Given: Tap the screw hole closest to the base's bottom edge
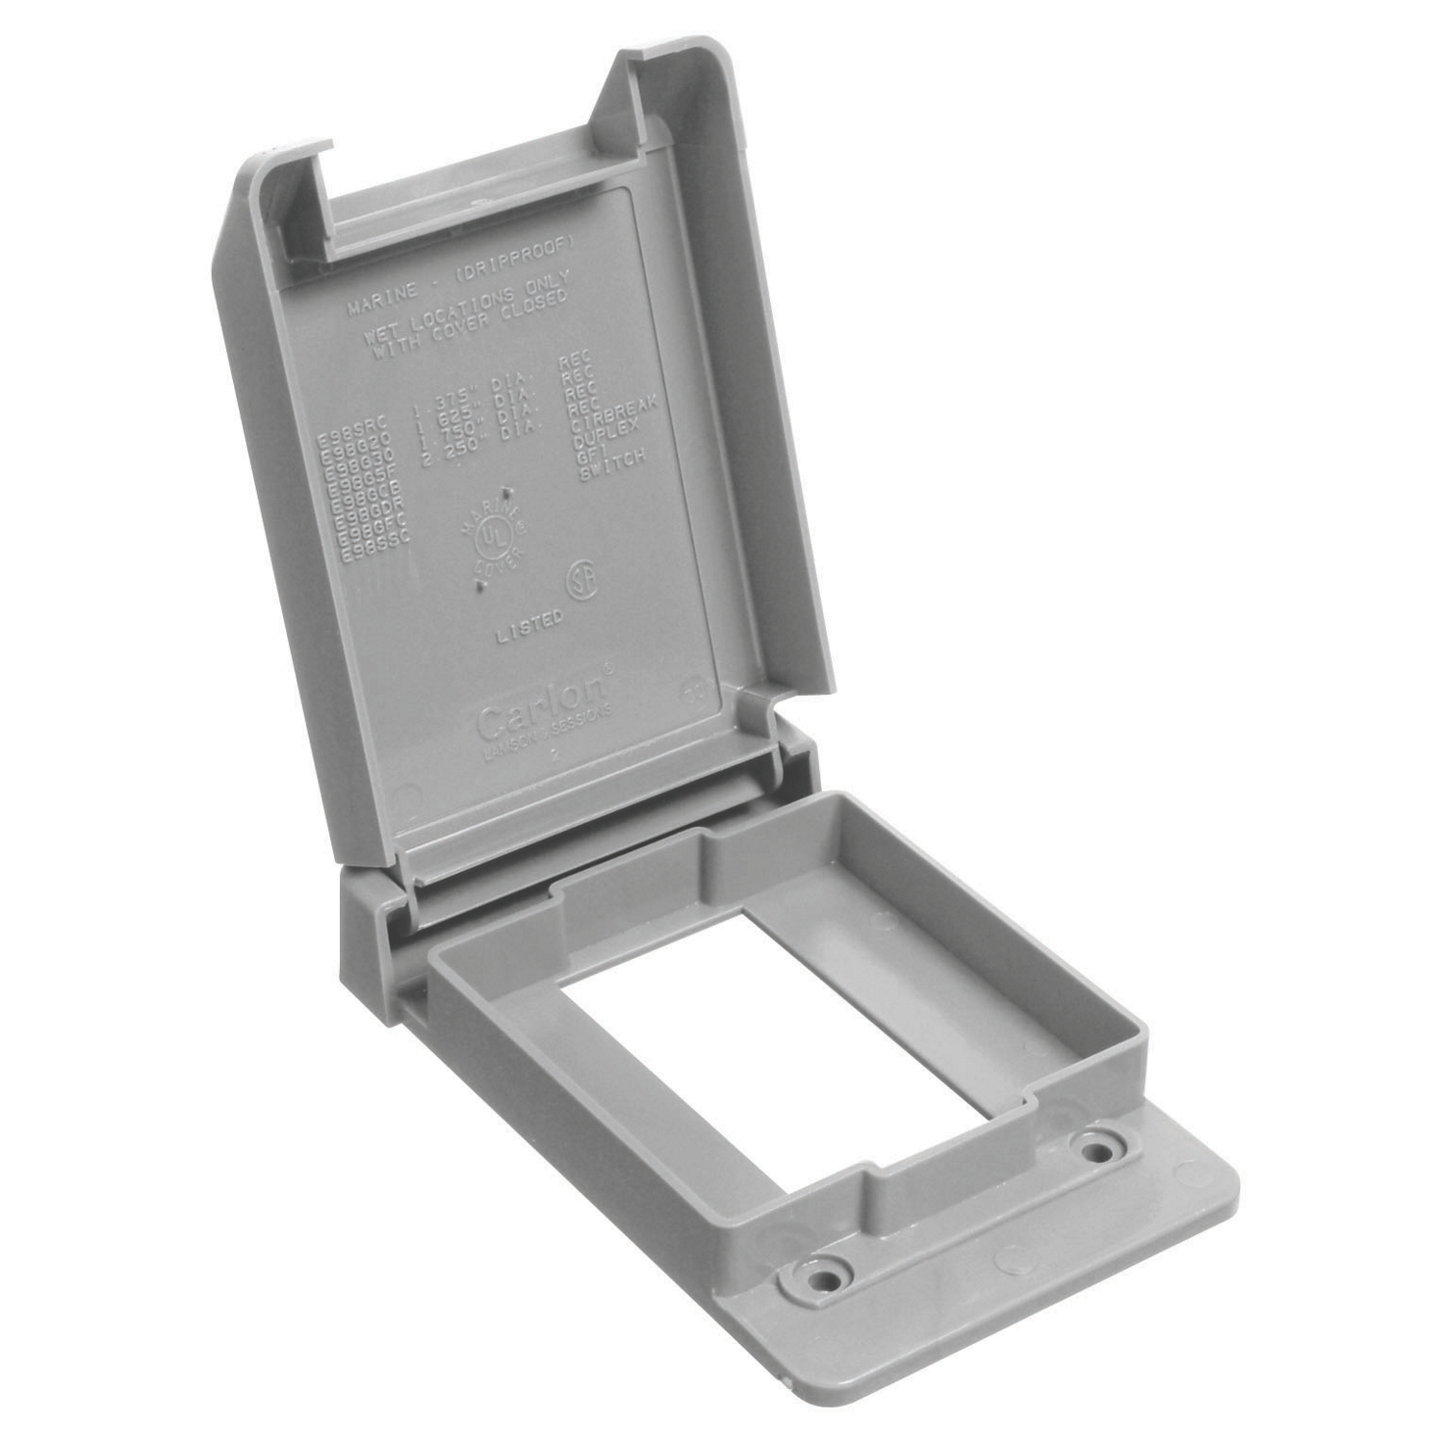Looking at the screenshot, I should coord(823,1279).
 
